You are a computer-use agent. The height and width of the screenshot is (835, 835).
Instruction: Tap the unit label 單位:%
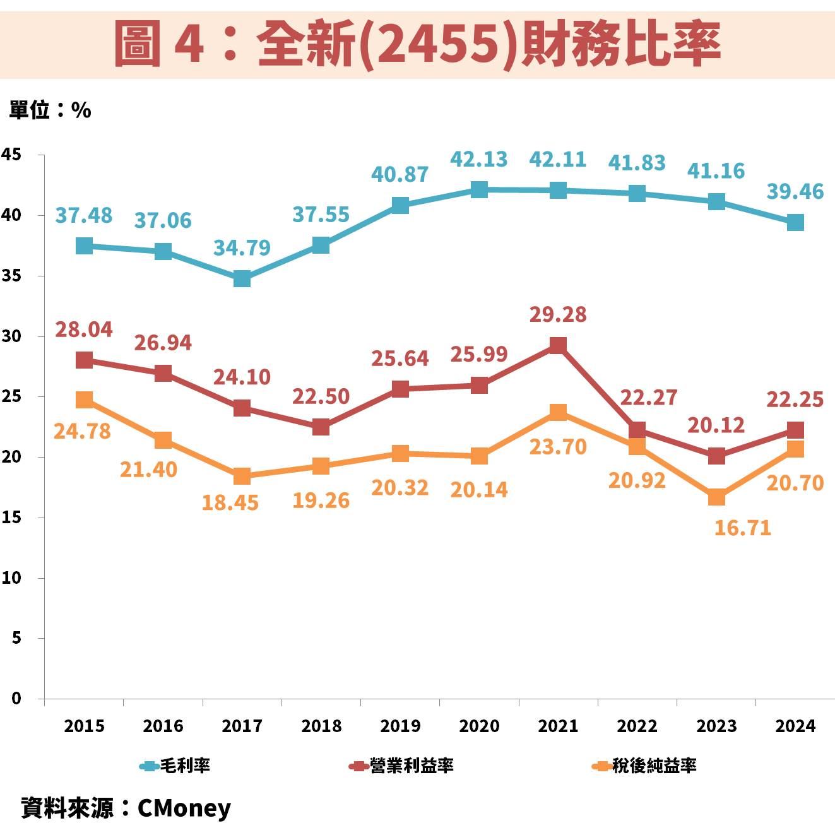(x=50, y=110)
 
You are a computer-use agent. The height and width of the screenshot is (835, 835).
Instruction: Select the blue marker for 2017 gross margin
(x=242, y=278)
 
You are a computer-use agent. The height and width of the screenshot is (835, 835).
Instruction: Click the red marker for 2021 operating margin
(x=558, y=345)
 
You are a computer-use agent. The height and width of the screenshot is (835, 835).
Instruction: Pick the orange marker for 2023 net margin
(x=716, y=497)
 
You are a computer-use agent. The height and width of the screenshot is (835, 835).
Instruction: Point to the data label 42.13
(x=478, y=160)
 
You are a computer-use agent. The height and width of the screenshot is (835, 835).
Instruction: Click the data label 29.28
(x=557, y=314)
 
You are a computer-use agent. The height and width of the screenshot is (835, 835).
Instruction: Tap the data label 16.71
(x=742, y=528)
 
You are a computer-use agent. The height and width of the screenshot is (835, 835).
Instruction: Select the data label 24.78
(x=82, y=432)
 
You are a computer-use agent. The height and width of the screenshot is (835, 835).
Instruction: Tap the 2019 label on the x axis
(x=400, y=726)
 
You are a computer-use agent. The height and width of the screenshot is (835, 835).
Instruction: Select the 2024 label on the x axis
(x=795, y=726)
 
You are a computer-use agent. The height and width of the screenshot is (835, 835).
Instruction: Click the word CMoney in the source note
(x=184, y=808)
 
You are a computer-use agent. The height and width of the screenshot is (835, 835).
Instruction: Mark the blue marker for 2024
(x=795, y=222)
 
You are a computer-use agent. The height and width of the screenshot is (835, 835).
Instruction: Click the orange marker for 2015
(x=84, y=399)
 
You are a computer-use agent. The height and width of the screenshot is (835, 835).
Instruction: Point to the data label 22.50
(x=321, y=396)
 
